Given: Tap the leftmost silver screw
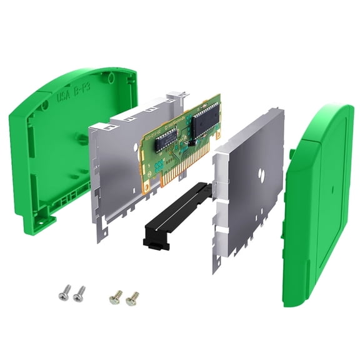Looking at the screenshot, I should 63,291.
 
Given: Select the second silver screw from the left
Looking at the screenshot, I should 79,292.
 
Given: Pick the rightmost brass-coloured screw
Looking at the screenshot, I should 132,298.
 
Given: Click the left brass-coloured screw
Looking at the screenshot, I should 116,296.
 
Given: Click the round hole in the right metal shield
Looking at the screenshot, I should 259,169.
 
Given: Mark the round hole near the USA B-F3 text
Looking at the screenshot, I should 47,106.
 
